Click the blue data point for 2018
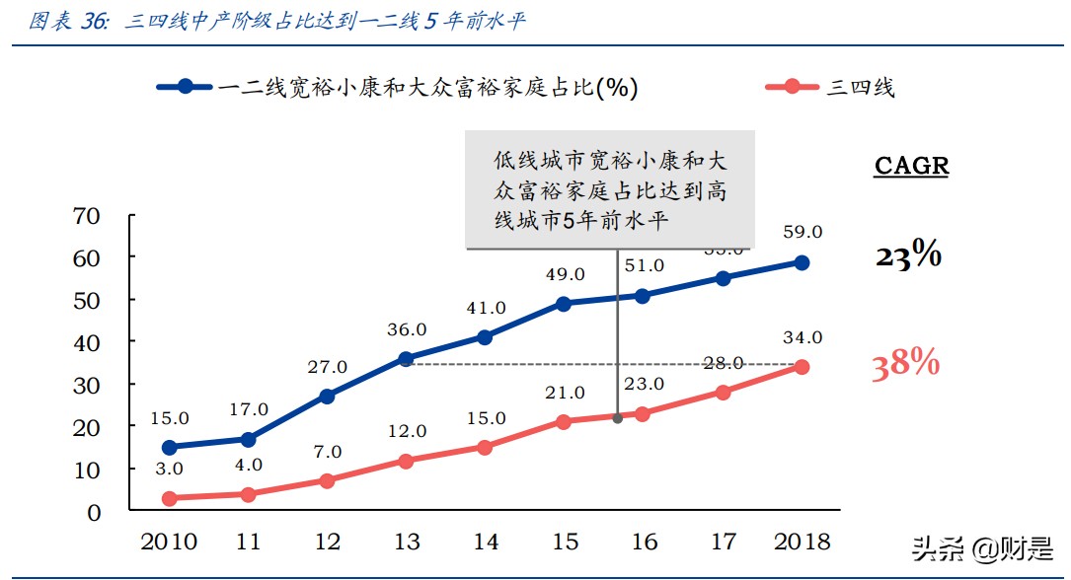coord(802,262)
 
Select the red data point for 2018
coord(802,367)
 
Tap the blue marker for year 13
coord(406,358)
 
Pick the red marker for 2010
coord(169,498)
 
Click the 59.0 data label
coord(802,232)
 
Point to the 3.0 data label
coord(169,468)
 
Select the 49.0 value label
coord(564,274)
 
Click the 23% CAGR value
coord(908,256)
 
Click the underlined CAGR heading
coord(911,166)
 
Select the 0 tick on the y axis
coord(94,512)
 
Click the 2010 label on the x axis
coord(168,542)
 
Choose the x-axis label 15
coord(564,542)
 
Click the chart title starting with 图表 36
coord(276,22)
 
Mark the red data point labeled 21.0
coord(564,421)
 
